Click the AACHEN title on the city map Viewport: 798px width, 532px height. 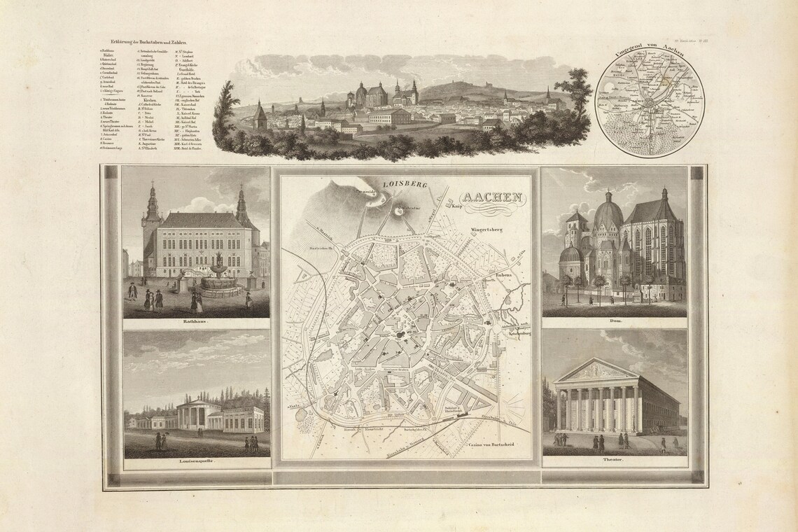pyautogui.click(x=491, y=198)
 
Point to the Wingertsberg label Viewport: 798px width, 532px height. pyautogui.click(x=483, y=229)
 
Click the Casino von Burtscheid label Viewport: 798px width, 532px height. pyautogui.click(x=490, y=444)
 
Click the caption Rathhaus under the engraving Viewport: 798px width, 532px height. pyautogui.click(x=196, y=323)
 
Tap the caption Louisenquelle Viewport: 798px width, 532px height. pyautogui.click(x=196, y=463)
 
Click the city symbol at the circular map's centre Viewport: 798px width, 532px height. pyautogui.click(x=647, y=105)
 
